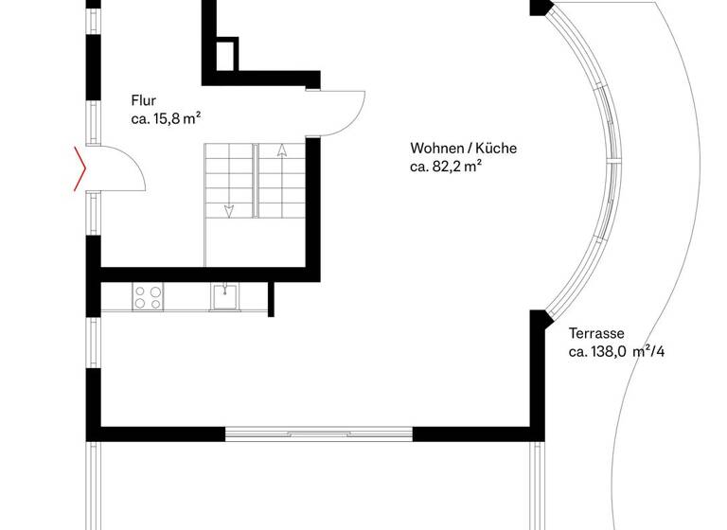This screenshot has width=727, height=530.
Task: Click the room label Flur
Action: click(x=144, y=100)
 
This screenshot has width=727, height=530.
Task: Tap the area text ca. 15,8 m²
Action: click(x=166, y=119)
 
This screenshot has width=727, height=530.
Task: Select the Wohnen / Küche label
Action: click(x=463, y=149)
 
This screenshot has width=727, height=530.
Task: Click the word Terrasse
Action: click(x=595, y=333)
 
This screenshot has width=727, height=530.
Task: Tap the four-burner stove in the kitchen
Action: click(x=147, y=297)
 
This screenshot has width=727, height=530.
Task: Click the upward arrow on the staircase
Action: click(x=281, y=150)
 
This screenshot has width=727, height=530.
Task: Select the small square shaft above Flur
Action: click(x=228, y=54)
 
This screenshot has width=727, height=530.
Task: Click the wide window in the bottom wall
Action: click(x=319, y=433)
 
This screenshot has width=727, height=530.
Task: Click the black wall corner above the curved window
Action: click(x=541, y=9)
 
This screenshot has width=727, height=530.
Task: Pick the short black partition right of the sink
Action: click(x=271, y=298)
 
